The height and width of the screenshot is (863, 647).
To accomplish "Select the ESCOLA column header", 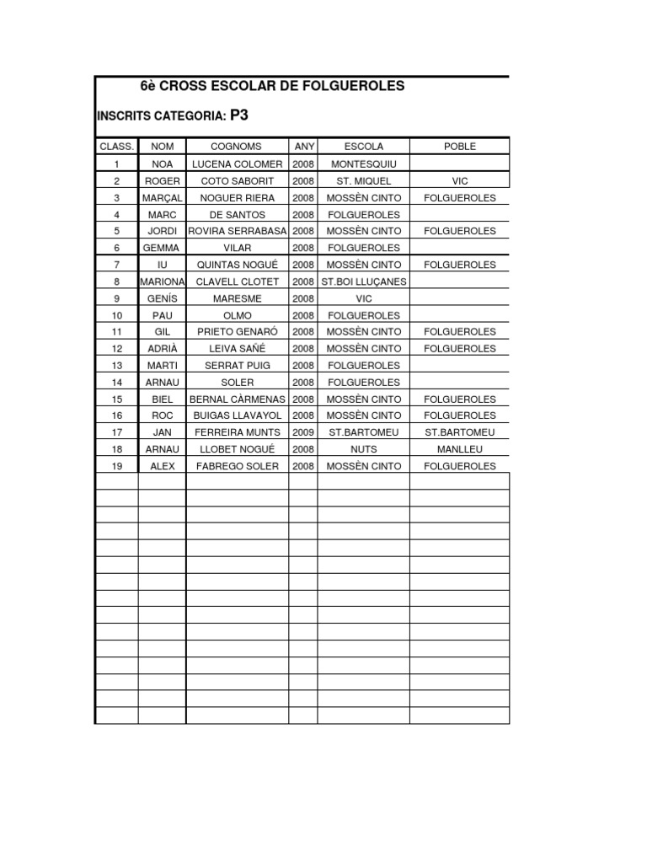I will click(x=363, y=147).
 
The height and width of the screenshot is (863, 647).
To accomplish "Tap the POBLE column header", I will click(x=459, y=147).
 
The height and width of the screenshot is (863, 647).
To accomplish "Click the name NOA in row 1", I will click(x=162, y=163).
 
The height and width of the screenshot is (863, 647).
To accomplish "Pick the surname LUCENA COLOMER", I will click(x=237, y=163).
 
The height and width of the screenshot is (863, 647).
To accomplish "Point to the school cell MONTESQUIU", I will click(x=363, y=163).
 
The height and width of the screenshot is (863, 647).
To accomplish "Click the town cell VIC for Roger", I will click(x=459, y=180).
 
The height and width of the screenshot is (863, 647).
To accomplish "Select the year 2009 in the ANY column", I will click(x=303, y=432).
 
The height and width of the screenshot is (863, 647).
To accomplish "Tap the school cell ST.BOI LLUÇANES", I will click(x=363, y=281).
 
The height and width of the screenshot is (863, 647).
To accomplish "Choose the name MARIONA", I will click(x=162, y=281).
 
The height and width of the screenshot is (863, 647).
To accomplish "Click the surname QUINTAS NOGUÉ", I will click(x=237, y=265).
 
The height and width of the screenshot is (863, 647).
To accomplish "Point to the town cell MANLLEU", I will click(x=459, y=449).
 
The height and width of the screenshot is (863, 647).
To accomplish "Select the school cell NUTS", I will click(x=363, y=449).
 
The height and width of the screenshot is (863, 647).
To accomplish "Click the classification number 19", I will click(x=117, y=466).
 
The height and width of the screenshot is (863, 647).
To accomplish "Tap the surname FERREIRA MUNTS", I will click(x=237, y=432).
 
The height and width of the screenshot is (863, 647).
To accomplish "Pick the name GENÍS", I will click(x=162, y=298).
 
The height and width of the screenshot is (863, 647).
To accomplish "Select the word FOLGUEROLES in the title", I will click(x=352, y=86).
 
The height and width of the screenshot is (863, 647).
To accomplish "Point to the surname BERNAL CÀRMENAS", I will click(x=237, y=399).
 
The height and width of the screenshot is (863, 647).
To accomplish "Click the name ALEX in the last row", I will click(x=162, y=466).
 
